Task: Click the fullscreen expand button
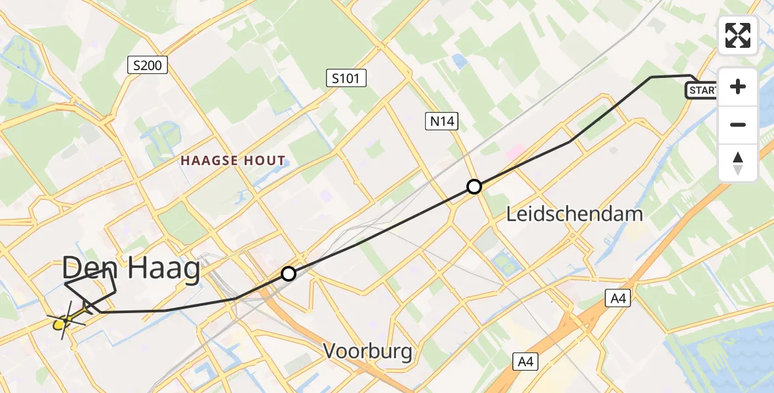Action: [738, 35]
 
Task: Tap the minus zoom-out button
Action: [738, 124]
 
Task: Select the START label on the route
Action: [702, 90]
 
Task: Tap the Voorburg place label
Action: [368, 352]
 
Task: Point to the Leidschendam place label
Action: [565, 214]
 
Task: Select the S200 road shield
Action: [148, 65]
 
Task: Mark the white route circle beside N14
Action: [474, 187]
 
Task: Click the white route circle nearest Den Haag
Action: [289, 274]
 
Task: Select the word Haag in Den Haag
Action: [163, 269]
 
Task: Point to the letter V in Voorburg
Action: [330, 352]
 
